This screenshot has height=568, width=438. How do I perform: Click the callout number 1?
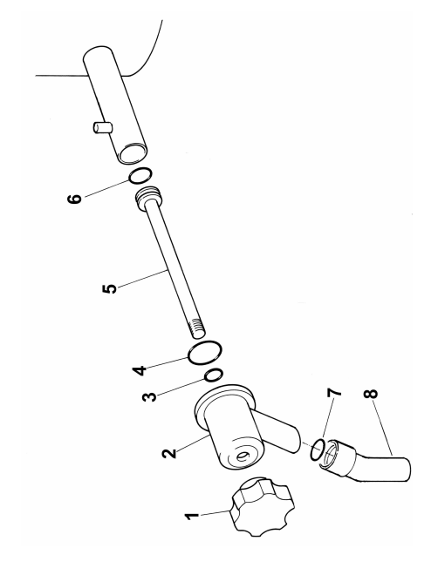191,517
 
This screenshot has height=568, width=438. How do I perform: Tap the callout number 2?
169,454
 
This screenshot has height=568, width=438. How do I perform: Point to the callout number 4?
140,371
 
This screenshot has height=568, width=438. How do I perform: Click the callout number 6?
75,199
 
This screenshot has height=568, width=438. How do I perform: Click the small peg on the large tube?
101,128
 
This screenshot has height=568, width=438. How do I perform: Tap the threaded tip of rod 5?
197,327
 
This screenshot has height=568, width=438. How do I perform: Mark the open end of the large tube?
133,152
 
